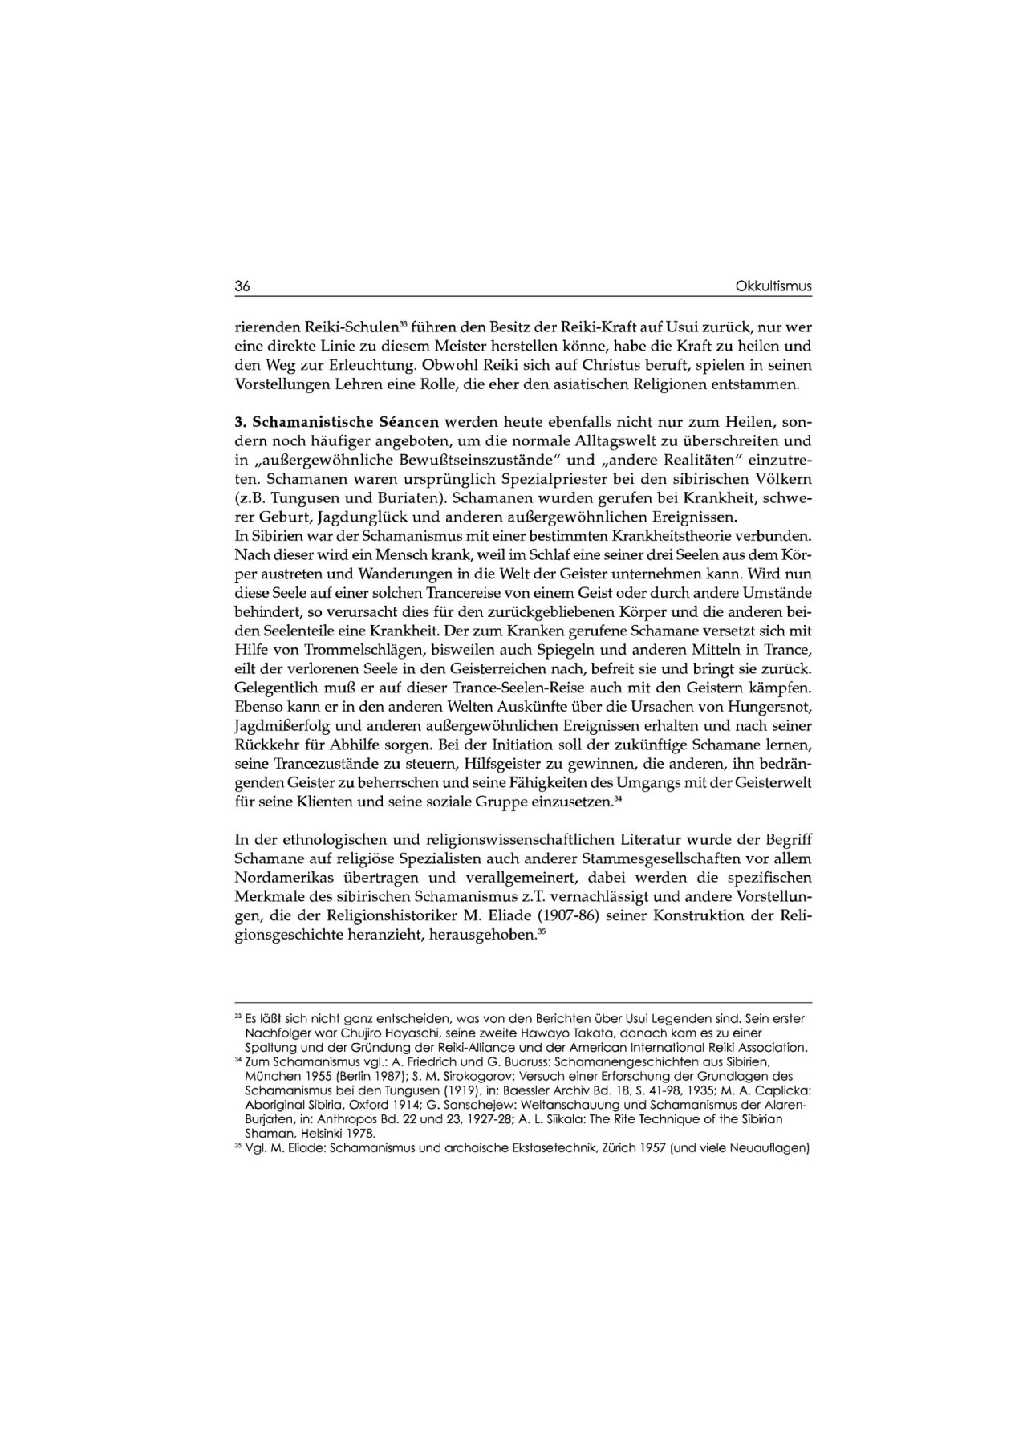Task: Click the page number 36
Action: [x=242, y=286]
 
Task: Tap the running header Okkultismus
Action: [x=773, y=286]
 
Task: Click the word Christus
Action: [x=594, y=365]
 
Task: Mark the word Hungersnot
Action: [x=770, y=707]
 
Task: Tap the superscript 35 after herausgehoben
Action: [x=542, y=932]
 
